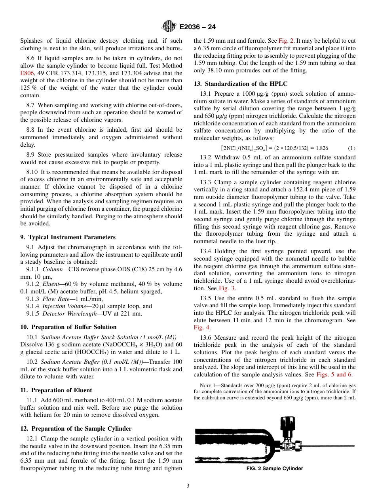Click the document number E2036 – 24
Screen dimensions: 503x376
[197, 27]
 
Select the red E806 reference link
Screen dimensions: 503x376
[27, 73]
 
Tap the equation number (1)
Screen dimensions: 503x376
[351, 148]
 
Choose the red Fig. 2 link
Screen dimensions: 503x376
[286, 41]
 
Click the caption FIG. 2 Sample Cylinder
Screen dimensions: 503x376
[275, 469]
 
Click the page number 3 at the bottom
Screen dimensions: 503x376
[188, 486]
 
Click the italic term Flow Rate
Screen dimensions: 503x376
[55, 299]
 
